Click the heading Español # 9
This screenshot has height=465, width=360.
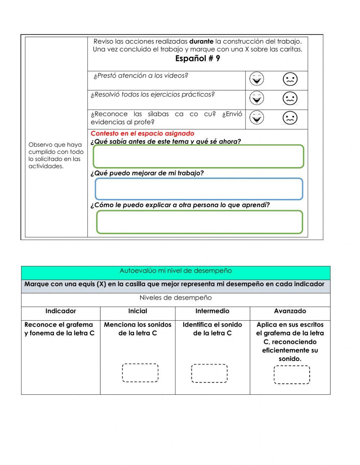tap(197, 59)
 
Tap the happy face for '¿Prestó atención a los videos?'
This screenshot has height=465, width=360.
tap(257, 79)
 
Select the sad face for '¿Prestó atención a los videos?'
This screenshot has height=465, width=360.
tap(290, 79)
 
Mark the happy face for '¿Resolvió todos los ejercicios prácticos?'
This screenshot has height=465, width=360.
tap(257, 98)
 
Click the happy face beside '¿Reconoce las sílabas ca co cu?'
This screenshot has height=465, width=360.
tap(257, 117)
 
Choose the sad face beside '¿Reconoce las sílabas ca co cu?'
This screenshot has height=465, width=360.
tap(290, 118)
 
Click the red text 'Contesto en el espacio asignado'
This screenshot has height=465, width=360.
tap(142, 134)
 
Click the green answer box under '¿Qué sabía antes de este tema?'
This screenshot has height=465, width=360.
tap(198, 156)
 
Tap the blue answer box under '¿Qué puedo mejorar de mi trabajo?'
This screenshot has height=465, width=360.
tap(199, 189)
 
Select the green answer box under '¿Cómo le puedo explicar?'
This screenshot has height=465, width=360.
tap(199, 222)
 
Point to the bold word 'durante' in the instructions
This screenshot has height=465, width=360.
tap(201, 41)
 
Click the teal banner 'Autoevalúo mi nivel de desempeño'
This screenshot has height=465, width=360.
tap(176, 271)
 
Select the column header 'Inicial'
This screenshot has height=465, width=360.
tap(138, 311)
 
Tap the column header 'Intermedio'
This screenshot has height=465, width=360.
tap(212, 311)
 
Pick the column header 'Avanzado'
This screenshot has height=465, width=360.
tap(290, 311)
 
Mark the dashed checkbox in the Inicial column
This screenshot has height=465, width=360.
tap(140, 373)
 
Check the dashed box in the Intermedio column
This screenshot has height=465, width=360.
tap(209, 373)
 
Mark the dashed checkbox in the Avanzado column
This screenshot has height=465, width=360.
tap(292, 375)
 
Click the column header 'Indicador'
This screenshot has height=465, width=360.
tap(60, 311)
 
